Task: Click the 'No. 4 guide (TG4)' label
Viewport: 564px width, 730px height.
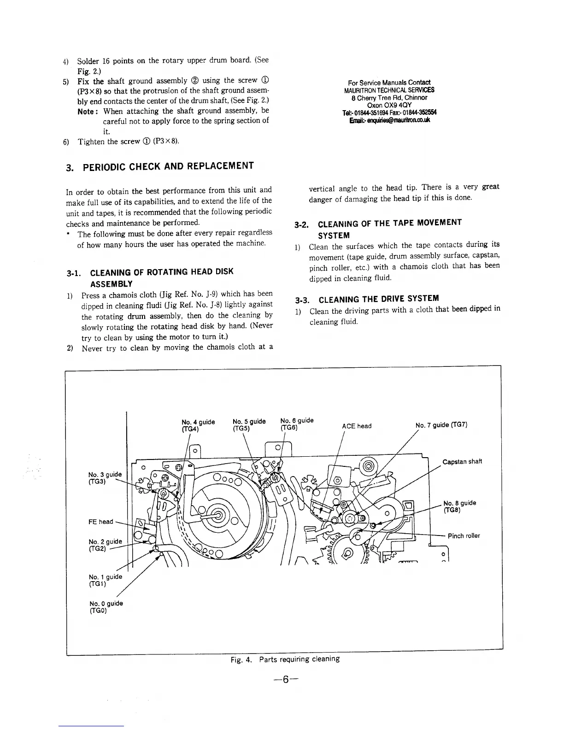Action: [x=198, y=425]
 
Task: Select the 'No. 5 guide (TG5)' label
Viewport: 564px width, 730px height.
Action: [x=249, y=424]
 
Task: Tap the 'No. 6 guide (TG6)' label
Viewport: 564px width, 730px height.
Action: [x=297, y=424]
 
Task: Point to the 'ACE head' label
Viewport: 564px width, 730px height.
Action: [x=356, y=426]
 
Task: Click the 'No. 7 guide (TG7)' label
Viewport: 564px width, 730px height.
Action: [x=441, y=424]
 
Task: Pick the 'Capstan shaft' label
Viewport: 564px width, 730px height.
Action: [x=462, y=462]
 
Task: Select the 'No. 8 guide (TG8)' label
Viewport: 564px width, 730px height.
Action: [x=459, y=506]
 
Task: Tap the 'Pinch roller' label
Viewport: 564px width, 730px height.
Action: [x=464, y=536]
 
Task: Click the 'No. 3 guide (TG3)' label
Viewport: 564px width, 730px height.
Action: [x=105, y=478]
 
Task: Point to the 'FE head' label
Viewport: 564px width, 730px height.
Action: [x=100, y=522]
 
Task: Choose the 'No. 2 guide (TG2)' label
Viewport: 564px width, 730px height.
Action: [x=105, y=545]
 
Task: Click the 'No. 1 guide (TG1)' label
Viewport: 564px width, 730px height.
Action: [x=105, y=580]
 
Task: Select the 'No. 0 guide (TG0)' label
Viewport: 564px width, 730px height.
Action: [x=106, y=607]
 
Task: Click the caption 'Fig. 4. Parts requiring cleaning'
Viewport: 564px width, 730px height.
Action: [x=285, y=659]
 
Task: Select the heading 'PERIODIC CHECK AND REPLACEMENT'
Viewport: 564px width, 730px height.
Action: [x=168, y=166]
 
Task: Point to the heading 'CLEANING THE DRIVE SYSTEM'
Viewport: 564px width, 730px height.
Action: [x=378, y=298]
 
